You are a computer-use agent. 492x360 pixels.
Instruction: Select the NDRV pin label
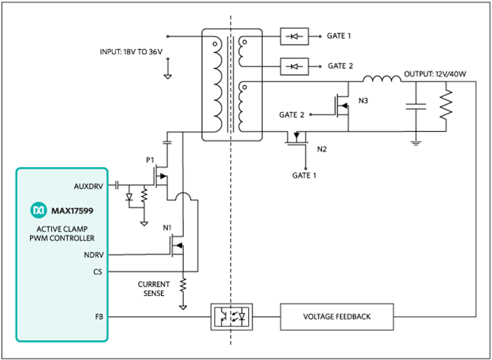coord(94,254)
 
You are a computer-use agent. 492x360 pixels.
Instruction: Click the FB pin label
coord(99,315)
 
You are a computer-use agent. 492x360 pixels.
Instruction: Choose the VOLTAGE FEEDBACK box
coord(337,315)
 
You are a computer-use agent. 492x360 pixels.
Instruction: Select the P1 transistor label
coord(150,160)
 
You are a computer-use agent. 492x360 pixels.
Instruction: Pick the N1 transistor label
coord(166,229)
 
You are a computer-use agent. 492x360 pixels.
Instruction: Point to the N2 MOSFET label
coord(322,149)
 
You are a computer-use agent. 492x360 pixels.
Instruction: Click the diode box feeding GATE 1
coord(295,35)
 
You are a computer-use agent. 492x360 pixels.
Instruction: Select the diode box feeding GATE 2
coord(295,66)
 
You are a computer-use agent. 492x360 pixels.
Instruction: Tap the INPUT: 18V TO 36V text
coord(137,52)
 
